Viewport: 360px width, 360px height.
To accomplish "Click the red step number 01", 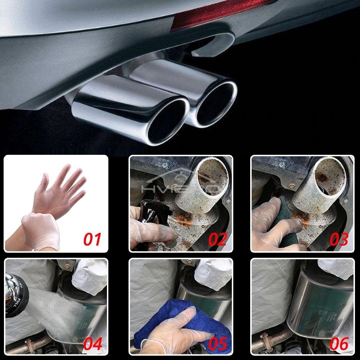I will tap(93, 239).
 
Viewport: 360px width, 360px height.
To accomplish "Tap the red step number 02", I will tap(217, 239).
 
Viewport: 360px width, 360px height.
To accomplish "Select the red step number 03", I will tap(339, 239).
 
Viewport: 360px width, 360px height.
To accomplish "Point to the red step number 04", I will tap(93, 344).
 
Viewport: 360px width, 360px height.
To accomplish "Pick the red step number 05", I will tap(217, 344).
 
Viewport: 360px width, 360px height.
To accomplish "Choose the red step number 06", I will tap(339, 344).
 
